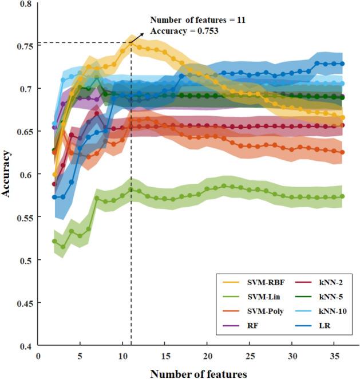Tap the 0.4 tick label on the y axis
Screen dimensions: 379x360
(x=26, y=346)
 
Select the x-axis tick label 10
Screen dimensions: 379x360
(x=122, y=356)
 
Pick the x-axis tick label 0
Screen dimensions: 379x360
(x=38, y=356)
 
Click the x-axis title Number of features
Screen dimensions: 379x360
(x=199, y=373)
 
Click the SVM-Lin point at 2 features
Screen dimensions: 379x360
(x=55, y=241)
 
